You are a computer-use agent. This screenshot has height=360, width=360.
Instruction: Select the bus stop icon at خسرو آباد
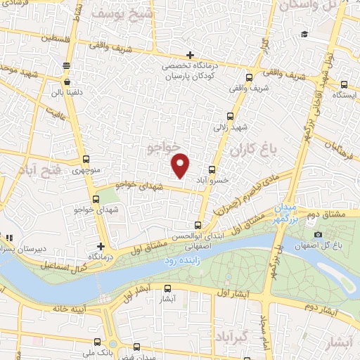(212, 169)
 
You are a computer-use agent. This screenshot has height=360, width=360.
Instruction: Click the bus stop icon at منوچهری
(86, 159)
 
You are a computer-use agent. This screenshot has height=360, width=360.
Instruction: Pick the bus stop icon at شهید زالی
(230, 117)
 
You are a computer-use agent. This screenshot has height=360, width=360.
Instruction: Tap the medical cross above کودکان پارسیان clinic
(190, 56)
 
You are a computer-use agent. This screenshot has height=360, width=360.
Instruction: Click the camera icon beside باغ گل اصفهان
(318, 234)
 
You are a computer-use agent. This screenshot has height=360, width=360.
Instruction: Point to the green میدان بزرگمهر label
(288, 214)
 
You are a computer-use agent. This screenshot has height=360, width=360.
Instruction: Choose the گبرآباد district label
(232, 334)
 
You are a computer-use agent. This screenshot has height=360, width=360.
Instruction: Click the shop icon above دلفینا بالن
(66, 65)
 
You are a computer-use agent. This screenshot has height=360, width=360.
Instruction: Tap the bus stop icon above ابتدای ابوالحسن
(198, 226)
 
